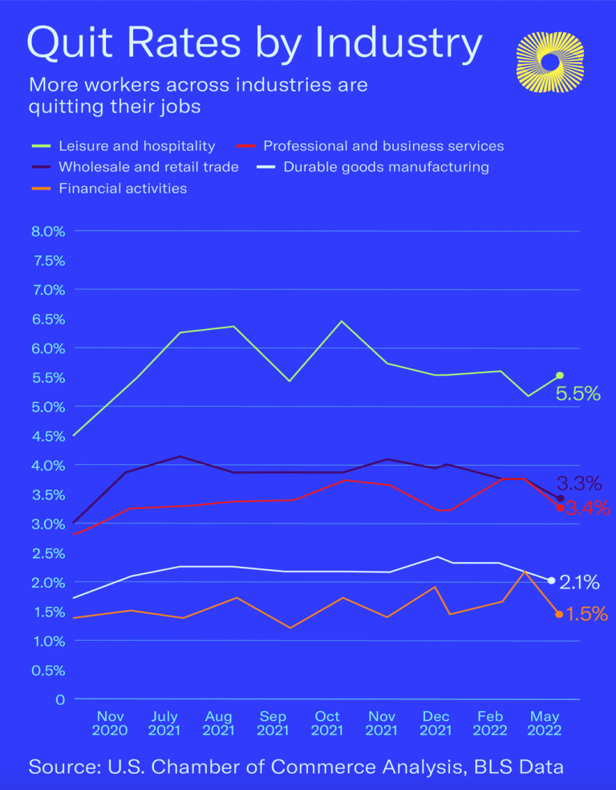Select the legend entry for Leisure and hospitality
136,146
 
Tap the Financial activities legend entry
122,189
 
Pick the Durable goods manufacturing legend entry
386,167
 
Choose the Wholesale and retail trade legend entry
148,167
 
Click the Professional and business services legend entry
383,146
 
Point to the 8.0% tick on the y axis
47,231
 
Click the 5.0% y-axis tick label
47,407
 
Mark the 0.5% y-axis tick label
47,670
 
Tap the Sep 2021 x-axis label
273,723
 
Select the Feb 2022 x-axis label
490,723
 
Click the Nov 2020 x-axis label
110,723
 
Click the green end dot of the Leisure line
560,376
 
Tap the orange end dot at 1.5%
559,614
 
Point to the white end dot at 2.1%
551,580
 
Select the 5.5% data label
578,394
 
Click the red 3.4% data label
588,508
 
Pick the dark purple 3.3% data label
579,483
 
